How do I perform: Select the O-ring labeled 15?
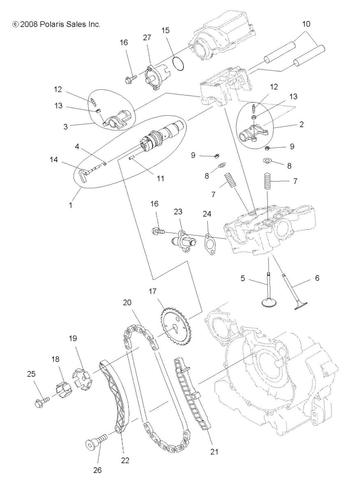178,64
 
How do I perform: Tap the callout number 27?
147,37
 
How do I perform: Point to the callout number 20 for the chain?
127,302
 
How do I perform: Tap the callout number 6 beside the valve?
317,278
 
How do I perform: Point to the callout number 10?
306,24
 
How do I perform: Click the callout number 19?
72,339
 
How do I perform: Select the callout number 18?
55,359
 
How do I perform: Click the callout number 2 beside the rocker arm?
302,124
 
